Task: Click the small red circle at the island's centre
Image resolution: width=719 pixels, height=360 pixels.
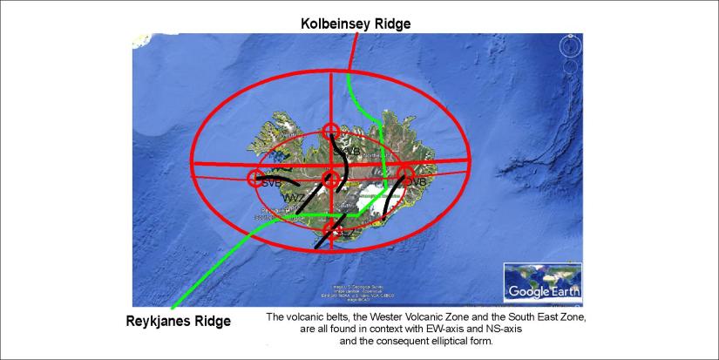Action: [x=330, y=180]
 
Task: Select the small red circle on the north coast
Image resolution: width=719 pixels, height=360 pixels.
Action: [x=330, y=131]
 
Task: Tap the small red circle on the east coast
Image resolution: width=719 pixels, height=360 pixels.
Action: [x=405, y=175]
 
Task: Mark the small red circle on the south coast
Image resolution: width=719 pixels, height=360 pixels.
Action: [x=330, y=229]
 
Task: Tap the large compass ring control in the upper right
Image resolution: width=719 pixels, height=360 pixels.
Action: [x=570, y=45]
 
